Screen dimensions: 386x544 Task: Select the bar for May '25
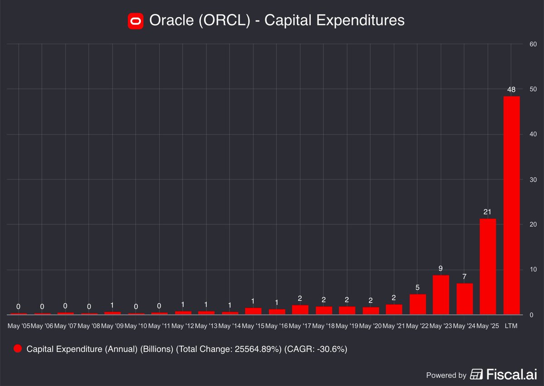click(x=488, y=267)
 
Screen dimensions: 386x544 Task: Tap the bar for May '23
click(x=441, y=295)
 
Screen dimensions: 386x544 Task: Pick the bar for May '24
click(x=464, y=299)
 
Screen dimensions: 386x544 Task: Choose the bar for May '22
click(x=418, y=304)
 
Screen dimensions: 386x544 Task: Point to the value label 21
click(x=487, y=212)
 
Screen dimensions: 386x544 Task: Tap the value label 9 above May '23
click(x=441, y=269)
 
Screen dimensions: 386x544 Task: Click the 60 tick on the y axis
click(x=533, y=44)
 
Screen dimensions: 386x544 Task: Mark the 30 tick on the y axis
click(x=533, y=179)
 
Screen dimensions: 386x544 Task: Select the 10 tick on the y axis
click(x=533, y=270)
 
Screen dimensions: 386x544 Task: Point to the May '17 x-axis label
click(x=300, y=326)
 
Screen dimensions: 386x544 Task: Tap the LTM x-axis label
click(x=511, y=326)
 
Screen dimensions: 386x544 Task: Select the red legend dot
click(x=18, y=349)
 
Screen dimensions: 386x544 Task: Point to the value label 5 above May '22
click(x=418, y=287)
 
